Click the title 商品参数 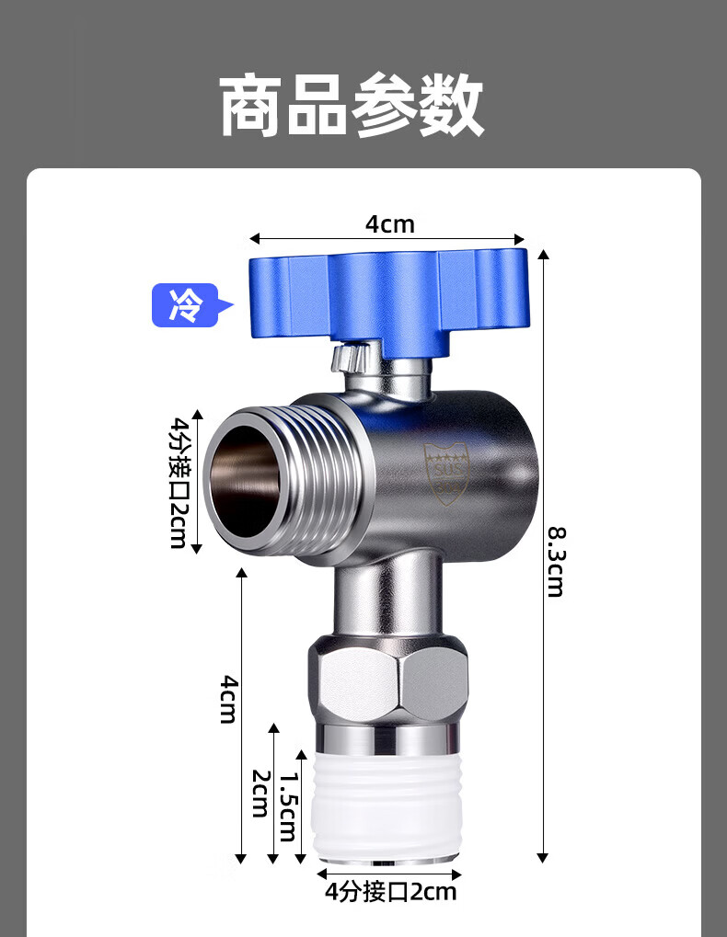(352, 105)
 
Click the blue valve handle (388, 302)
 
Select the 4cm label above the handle (390, 224)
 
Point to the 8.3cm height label (556, 562)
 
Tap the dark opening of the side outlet (245, 480)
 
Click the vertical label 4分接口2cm (179, 482)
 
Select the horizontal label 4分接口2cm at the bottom (390, 892)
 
